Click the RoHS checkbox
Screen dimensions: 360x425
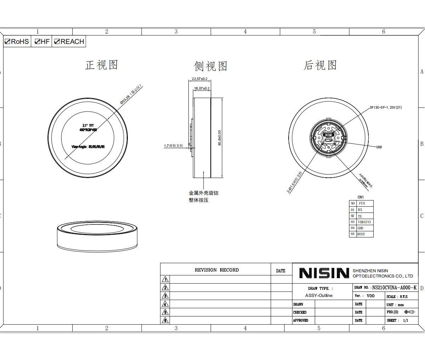(x=7, y=42)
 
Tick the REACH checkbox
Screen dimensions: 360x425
(x=57, y=42)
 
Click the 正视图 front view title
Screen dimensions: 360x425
(x=101, y=65)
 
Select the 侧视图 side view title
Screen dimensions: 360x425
(x=210, y=66)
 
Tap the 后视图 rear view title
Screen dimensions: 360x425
(x=320, y=65)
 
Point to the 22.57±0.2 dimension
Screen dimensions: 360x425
(x=199, y=79)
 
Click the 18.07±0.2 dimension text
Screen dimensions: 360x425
(x=202, y=88)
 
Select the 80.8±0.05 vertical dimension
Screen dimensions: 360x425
(x=220, y=138)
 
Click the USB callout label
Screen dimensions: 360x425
(x=379, y=147)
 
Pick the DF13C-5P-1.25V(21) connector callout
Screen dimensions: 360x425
(x=386, y=108)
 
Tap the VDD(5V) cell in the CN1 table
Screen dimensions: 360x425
(x=364, y=222)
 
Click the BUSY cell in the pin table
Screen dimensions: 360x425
(x=361, y=234)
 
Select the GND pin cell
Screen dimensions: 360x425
(x=360, y=228)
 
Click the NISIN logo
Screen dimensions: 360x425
(x=324, y=273)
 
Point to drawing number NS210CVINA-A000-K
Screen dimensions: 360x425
(x=394, y=288)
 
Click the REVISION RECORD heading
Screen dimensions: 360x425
(x=216, y=270)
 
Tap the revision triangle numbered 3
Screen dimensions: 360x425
(x=165, y=296)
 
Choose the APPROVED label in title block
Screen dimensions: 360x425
(x=300, y=320)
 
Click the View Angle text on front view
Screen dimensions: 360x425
(x=88, y=147)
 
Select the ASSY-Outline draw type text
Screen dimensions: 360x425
(x=319, y=296)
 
